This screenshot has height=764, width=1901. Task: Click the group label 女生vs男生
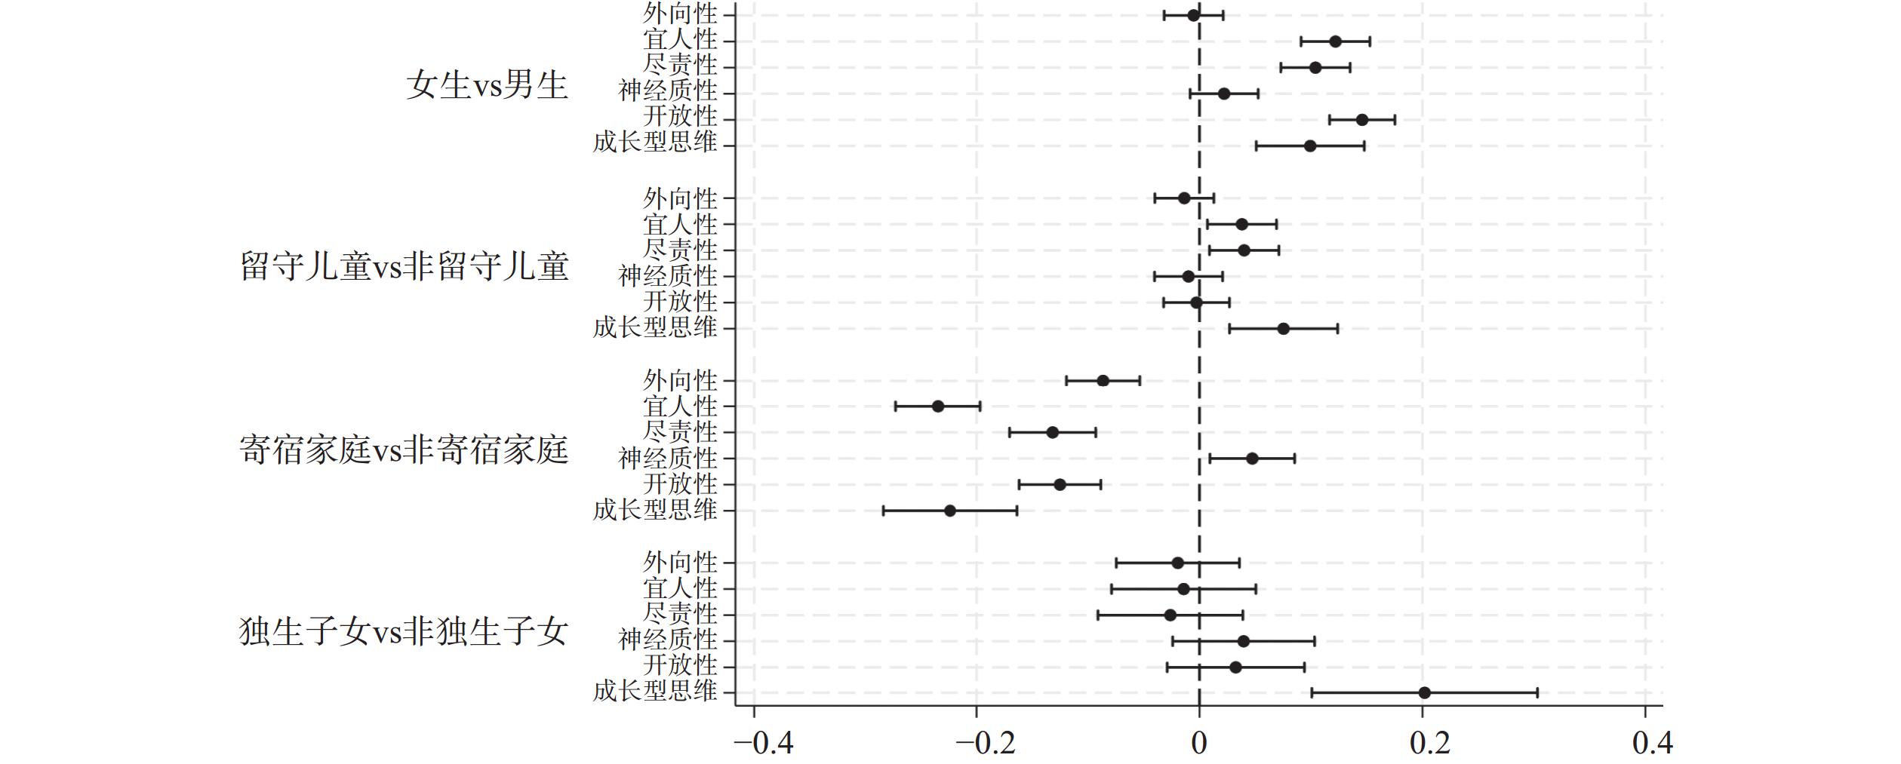tap(487, 84)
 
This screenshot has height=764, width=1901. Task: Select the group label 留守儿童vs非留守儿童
tap(404, 267)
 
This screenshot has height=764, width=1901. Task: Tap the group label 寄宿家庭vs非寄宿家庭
tap(404, 450)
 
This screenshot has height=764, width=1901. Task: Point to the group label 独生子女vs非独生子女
tap(404, 632)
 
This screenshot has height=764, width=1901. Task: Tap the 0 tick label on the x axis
tap(1199, 743)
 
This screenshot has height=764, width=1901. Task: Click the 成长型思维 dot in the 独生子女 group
tap(1424, 693)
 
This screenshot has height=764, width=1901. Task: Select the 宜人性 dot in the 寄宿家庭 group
tap(938, 407)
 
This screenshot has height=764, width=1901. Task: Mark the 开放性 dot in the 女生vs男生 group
tap(1362, 120)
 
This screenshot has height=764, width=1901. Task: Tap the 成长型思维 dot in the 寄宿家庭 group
tap(950, 511)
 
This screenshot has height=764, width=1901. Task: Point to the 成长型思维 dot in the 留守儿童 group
tap(1283, 329)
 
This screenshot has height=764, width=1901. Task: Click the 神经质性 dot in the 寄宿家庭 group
tap(1252, 459)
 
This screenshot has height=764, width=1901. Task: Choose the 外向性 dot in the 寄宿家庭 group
tap(1103, 381)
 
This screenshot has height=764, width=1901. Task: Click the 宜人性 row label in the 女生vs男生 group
tap(680, 41)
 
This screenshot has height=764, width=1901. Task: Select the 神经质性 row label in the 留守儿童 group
tap(667, 277)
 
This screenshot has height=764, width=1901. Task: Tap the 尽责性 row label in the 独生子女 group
tap(680, 614)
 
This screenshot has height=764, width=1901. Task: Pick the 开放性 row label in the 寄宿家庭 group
tap(680, 483)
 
